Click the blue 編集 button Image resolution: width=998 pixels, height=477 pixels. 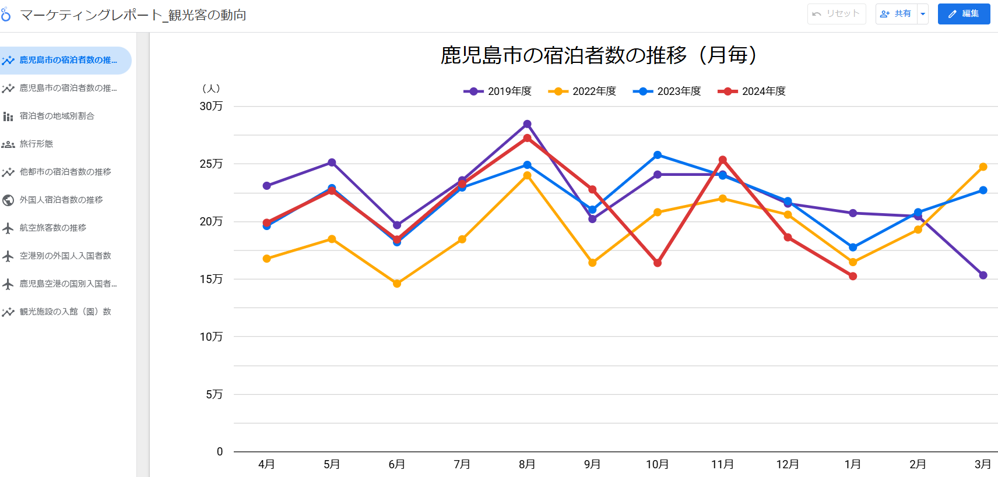[964, 14]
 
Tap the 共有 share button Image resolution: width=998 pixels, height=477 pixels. [896, 14]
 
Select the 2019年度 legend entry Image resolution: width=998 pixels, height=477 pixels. [498, 91]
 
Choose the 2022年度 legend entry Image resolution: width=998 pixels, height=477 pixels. [582, 91]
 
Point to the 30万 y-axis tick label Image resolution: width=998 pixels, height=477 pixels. [211, 106]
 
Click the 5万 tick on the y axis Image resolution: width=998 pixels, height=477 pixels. [214, 394]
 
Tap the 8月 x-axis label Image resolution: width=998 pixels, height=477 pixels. [527, 464]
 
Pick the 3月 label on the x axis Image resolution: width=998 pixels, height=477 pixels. [983, 464]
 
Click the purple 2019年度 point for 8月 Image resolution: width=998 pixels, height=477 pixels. [527, 124]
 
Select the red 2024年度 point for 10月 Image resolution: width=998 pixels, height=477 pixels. [658, 263]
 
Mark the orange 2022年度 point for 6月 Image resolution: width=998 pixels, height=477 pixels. [397, 284]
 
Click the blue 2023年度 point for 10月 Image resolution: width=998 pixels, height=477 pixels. [658, 155]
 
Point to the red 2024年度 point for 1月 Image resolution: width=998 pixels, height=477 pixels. [853, 276]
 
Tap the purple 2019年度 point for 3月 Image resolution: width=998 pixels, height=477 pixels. [983, 275]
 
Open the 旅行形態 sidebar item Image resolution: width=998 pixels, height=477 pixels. [36, 144]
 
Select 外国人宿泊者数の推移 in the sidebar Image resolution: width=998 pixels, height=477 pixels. [61, 200]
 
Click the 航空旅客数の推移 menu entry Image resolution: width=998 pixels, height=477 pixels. [53, 228]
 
